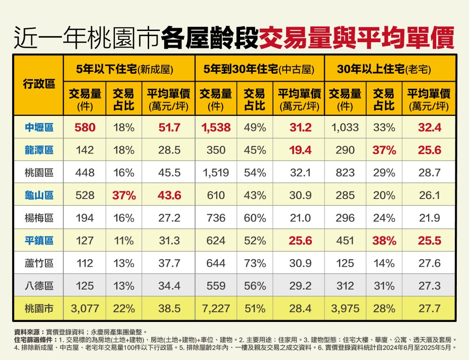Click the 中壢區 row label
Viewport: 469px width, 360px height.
click(39, 128)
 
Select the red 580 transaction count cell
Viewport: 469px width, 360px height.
click(85, 128)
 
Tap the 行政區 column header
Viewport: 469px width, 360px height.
click(39, 84)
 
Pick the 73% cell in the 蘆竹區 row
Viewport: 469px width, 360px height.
click(255, 263)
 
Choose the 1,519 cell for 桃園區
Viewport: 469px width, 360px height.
click(216, 173)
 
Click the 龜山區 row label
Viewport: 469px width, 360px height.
click(39, 195)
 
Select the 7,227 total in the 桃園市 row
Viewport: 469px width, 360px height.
click(216, 308)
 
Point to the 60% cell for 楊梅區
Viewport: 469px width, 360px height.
click(255, 218)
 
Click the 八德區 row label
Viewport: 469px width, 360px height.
click(39, 286)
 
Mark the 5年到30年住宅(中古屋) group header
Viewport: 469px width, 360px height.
click(258, 69)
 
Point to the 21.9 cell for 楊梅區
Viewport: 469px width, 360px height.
click(430, 218)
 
